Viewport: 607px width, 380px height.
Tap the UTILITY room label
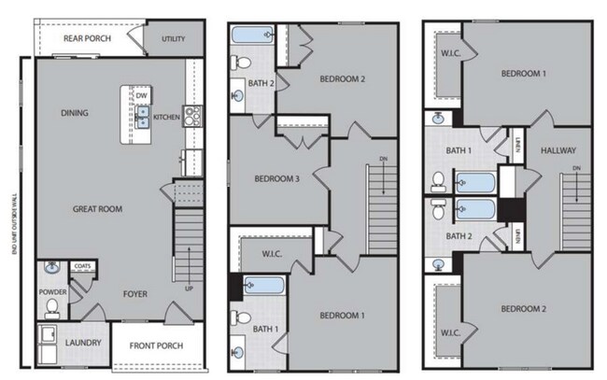click(173, 39)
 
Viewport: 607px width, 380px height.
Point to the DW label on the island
click(141, 95)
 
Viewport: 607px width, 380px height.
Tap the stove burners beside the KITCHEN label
click(193, 116)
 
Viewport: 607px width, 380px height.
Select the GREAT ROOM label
click(97, 209)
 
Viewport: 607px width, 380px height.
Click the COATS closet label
click(82, 266)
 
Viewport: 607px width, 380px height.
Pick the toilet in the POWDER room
click(53, 304)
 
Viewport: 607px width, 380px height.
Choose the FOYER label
click(135, 294)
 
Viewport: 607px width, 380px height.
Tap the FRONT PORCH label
click(155, 345)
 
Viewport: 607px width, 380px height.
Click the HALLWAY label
click(557, 150)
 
